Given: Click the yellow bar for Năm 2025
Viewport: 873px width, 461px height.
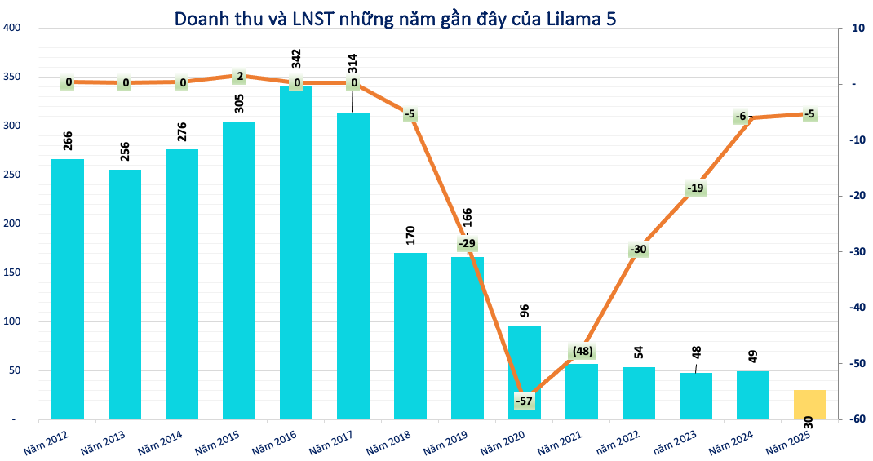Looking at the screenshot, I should coord(809,405).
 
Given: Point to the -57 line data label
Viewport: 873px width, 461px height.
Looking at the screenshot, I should coord(525,401).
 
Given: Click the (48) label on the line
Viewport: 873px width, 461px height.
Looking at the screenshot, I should coord(582,352).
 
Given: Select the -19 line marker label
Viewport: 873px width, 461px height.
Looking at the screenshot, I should coord(695,188).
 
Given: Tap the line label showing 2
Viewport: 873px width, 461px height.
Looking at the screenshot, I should coord(239,76).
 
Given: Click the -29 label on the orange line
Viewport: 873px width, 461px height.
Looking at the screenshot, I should coord(467,244).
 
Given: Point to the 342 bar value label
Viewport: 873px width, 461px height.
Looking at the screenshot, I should coord(296,59).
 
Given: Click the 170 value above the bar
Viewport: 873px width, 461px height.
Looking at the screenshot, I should coord(410,236).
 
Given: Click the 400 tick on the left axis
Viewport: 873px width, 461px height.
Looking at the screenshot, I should coord(12,28).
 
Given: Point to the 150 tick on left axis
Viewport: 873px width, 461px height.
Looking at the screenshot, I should coord(12,273).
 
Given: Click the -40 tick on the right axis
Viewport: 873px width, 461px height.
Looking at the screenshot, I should coord(857,307).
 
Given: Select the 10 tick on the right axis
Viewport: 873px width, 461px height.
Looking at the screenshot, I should coord(857,28).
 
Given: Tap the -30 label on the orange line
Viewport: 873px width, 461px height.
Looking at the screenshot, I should coord(638,250).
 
